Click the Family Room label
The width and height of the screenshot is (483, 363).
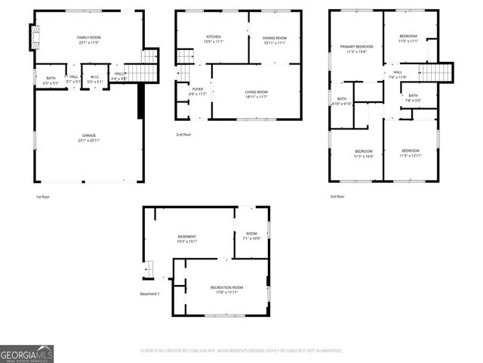[x=89, y=37]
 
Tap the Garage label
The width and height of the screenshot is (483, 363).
[x=89, y=136]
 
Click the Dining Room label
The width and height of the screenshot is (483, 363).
[x=275, y=38]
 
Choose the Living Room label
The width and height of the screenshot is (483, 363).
[x=257, y=92]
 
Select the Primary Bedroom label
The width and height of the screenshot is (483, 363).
[x=355, y=47]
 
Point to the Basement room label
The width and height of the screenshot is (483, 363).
[x=186, y=237]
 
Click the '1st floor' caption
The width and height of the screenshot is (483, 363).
[x=42, y=197]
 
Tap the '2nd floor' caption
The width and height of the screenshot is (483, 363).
[x=183, y=135]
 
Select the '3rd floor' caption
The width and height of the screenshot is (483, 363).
[x=337, y=197]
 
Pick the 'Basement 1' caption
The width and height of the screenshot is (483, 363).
[x=149, y=293]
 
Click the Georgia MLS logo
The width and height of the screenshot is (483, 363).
[x=26, y=353]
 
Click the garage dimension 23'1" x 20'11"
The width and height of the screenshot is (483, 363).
[x=89, y=141]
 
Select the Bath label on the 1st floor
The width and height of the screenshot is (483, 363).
[x=51, y=78]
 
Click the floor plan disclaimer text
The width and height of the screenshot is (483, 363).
[x=241, y=351]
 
